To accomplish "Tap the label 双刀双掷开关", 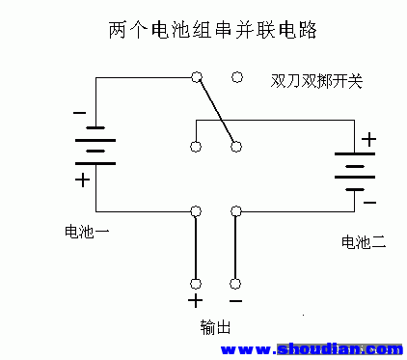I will (x=316, y=81).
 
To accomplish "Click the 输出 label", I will (x=216, y=327).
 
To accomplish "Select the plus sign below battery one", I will (x=83, y=180).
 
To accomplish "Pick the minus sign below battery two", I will (x=369, y=203).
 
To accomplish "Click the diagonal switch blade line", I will (x=216, y=111).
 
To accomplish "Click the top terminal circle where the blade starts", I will (x=197, y=76).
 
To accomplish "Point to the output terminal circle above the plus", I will (x=197, y=284).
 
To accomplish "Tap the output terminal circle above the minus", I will (x=236, y=284).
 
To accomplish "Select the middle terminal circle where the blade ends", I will (x=236, y=147).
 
